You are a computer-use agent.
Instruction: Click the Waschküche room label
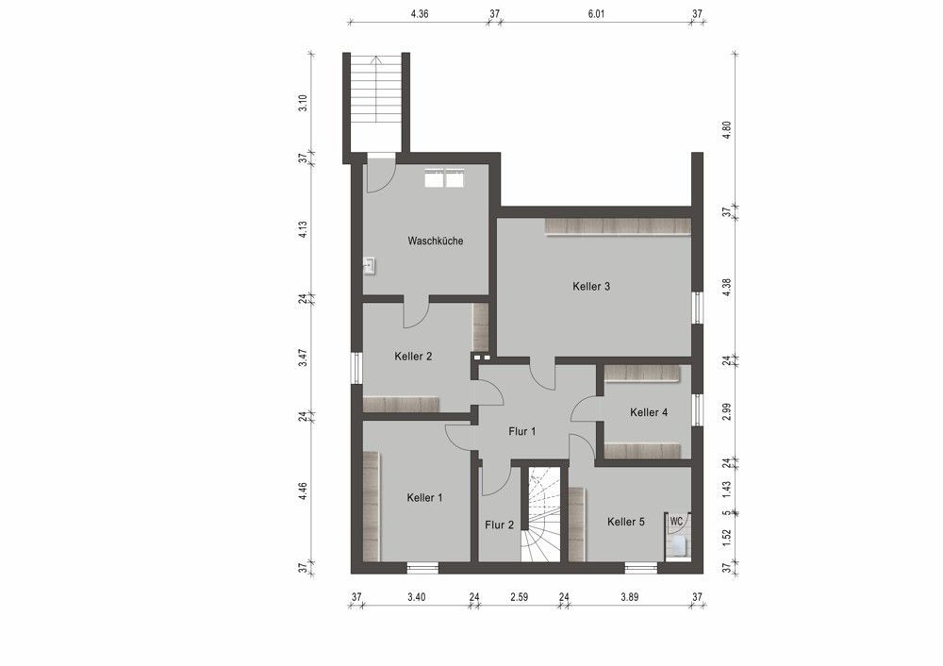pos(435,241)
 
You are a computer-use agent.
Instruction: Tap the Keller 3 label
pos(591,286)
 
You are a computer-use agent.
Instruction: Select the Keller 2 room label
pos(413,357)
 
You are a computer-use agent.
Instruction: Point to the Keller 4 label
pos(649,412)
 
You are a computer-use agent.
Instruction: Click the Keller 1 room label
pos(424,497)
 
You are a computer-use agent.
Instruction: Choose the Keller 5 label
pos(625,522)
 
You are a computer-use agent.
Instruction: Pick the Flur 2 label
pos(499,525)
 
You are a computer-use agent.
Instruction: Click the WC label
pos(676,521)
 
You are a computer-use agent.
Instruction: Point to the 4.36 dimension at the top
pos(420,14)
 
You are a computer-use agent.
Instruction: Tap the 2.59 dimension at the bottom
pos(520,596)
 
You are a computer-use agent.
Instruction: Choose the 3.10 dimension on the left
pos(303,104)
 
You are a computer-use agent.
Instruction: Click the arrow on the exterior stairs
pos(376,90)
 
